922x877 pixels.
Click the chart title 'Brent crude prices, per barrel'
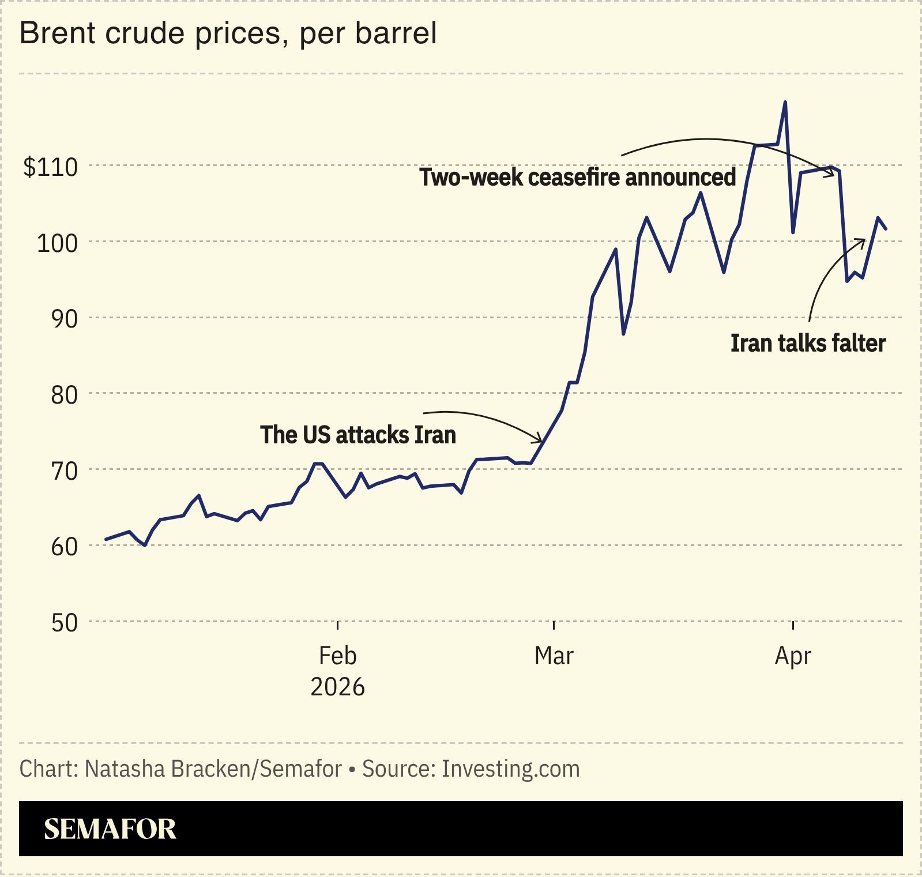(228, 33)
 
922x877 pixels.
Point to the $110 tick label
(50, 167)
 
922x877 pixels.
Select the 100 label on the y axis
(57, 243)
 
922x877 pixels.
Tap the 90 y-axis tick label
(63, 319)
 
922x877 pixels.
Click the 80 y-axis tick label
(63, 395)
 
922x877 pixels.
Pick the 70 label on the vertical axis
(63, 471)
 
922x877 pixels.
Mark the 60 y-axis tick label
(63, 547)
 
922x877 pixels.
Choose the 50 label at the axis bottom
(63, 623)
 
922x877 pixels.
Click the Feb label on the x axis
(337, 656)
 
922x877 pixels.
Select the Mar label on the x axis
(554, 656)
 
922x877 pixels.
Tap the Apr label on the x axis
(793, 656)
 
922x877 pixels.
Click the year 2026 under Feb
(337, 687)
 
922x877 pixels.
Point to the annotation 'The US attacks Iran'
(357, 435)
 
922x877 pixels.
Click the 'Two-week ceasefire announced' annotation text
(577, 177)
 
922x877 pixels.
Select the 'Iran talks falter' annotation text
(808, 343)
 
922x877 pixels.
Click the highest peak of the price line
(785, 103)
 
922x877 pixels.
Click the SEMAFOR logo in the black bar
(110, 829)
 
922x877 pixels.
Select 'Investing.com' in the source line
(510, 769)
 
